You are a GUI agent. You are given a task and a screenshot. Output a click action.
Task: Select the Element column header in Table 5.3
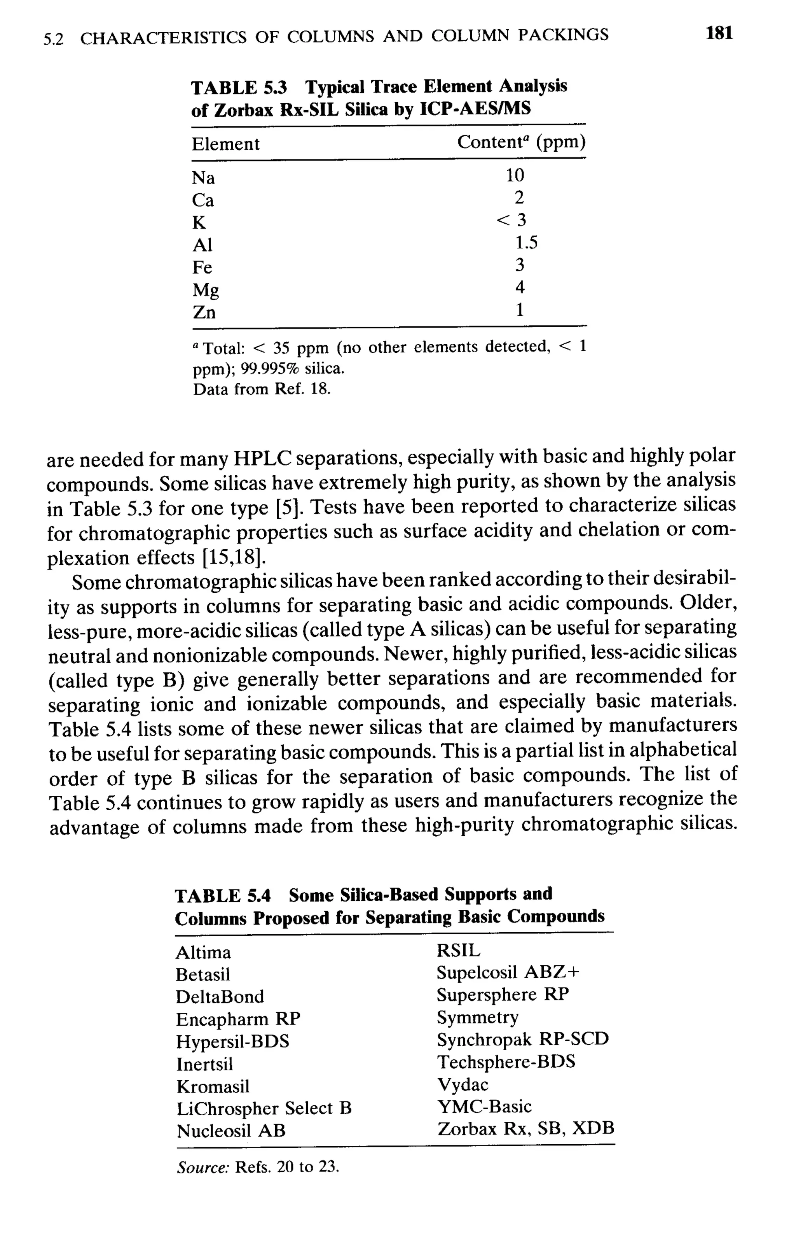click(225, 144)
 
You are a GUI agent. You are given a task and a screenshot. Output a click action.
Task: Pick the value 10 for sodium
click(515, 176)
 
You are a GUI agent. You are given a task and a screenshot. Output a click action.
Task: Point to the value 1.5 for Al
click(526, 243)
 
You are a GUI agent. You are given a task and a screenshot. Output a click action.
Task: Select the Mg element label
click(206, 290)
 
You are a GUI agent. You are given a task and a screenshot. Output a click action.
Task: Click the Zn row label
click(204, 312)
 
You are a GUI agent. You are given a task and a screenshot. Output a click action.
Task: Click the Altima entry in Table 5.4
click(203, 953)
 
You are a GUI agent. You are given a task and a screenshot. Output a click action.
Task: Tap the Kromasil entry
click(213, 1086)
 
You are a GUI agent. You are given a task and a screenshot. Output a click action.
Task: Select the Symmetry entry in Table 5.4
click(477, 1017)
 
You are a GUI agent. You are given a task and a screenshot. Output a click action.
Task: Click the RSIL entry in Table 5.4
click(458, 951)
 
